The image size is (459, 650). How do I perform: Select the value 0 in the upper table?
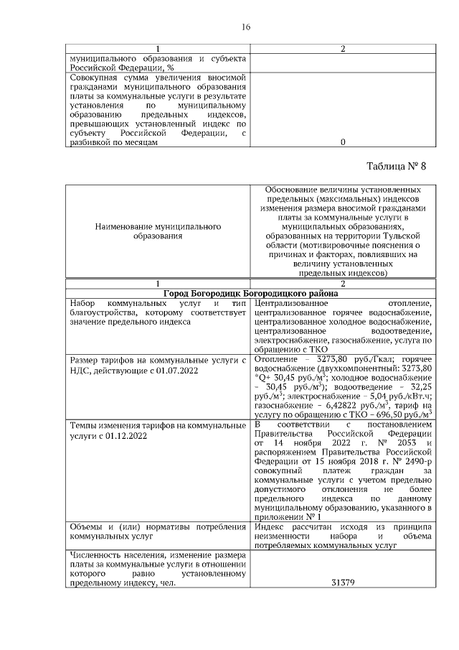(342, 142)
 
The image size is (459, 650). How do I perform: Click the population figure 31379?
(342, 582)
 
